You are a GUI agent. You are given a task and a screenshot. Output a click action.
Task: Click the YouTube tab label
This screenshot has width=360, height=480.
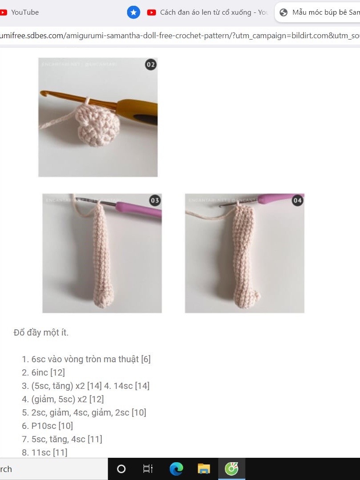pyautogui.click(x=25, y=12)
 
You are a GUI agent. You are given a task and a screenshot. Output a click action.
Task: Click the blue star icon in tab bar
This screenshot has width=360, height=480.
pyautogui.click(x=133, y=12)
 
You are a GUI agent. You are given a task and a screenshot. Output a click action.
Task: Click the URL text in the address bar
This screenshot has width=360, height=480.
pyautogui.click(x=178, y=36)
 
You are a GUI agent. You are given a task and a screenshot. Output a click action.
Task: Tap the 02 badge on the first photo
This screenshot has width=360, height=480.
pyautogui.click(x=151, y=65)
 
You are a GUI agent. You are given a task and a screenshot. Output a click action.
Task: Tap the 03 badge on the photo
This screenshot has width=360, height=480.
pyautogui.click(x=155, y=201)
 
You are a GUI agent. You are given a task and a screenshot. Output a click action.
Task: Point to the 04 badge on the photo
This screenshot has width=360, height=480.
pyautogui.click(x=297, y=201)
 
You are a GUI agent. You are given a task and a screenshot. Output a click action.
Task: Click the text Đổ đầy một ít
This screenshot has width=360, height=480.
pyautogui.click(x=41, y=332)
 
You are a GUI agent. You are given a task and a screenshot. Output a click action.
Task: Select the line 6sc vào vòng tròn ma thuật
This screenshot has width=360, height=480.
pyautogui.click(x=91, y=359)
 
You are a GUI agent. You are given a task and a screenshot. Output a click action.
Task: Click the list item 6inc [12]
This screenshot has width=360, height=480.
pyautogui.click(x=48, y=372)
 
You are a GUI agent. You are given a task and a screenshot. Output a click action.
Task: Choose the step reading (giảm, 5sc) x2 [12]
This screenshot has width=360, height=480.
pyautogui.click(x=68, y=399)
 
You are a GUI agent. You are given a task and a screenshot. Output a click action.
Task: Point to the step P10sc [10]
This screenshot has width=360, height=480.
pyautogui.click(x=52, y=426)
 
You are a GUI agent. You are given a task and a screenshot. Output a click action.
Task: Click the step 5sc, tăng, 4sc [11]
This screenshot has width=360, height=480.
pyautogui.click(x=67, y=439)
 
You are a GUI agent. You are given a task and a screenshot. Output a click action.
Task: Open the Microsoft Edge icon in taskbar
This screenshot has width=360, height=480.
pyautogui.click(x=176, y=469)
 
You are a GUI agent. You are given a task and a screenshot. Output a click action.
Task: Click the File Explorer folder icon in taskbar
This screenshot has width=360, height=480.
pyautogui.click(x=204, y=469)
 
